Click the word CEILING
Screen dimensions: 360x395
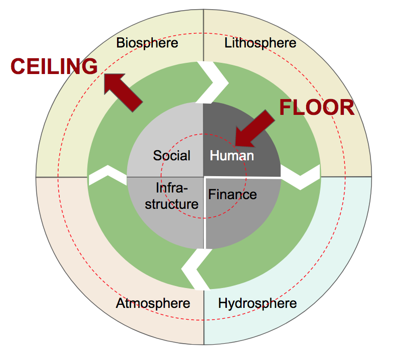pyautogui.click(x=55, y=66)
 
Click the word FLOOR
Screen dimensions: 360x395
pyautogui.click(x=316, y=108)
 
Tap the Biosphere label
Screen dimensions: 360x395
pyautogui.click(x=147, y=42)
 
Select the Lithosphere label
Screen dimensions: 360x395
pyautogui.click(x=260, y=42)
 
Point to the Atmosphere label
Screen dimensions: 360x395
pyautogui.click(x=153, y=303)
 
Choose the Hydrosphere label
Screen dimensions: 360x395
pyautogui.click(x=257, y=303)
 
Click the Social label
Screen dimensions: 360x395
pyautogui.click(x=172, y=155)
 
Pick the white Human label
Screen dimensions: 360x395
pyautogui.click(x=231, y=155)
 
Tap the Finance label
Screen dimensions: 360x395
pyautogui.click(x=233, y=195)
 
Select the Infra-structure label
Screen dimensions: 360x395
pyautogui.click(x=171, y=197)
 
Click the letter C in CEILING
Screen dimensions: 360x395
pyautogui.click(x=18, y=67)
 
